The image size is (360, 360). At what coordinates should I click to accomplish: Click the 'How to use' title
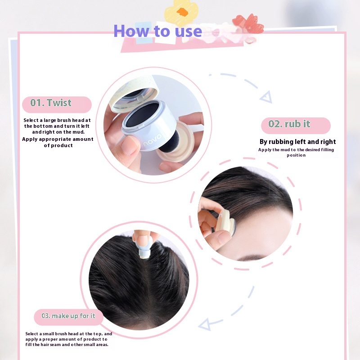[158, 31]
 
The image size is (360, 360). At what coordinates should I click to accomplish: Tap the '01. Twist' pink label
[57, 104]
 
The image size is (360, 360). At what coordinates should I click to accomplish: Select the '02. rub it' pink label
[296, 126]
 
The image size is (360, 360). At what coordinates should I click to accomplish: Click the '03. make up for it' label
[68, 317]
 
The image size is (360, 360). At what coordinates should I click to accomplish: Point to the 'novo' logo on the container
[152, 140]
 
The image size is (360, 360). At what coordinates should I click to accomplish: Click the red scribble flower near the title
[248, 24]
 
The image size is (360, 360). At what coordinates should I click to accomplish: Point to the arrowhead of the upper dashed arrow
[267, 97]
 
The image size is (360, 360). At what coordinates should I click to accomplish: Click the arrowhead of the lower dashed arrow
[204, 324]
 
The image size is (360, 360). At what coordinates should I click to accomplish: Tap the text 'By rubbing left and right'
[297, 142]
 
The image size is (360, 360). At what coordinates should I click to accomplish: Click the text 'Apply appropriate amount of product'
[58, 142]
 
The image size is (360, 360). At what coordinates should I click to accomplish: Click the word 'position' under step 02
[296, 155]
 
